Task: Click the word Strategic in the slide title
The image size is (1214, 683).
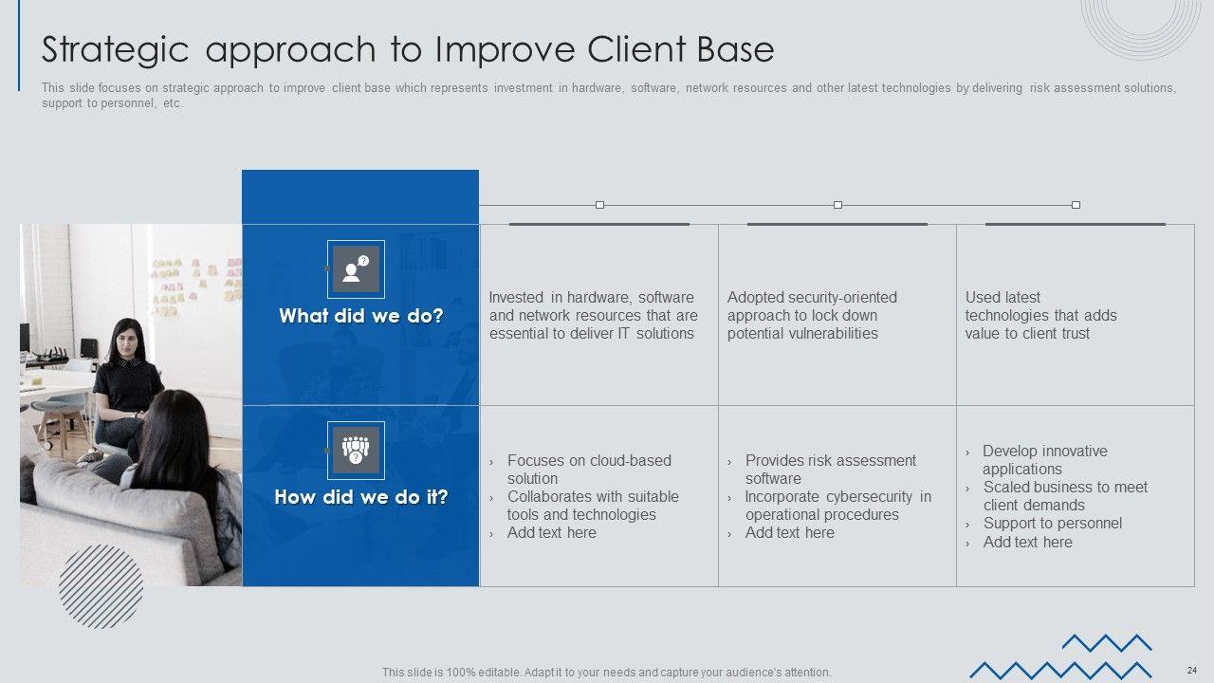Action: [115, 50]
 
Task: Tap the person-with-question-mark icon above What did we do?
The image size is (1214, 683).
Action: [356, 269]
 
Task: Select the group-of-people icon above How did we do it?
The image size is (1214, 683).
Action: [356, 451]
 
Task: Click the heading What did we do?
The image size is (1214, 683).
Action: [361, 316]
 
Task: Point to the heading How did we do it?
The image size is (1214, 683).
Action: [361, 496]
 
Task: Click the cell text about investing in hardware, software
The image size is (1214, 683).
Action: [594, 315]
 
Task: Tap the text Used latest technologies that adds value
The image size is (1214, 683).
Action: [1040, 315]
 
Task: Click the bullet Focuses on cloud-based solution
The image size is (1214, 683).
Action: [589, 470]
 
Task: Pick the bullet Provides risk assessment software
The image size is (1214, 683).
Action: [830, 470]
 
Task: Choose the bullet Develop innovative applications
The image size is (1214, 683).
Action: [1045, 460]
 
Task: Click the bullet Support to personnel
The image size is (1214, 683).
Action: [1053, 523]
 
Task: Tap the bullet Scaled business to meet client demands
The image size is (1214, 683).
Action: [1065, 496]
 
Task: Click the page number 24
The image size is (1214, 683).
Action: [1192, 670]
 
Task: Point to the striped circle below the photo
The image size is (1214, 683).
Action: [101, 586]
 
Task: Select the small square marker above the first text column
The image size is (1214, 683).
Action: [599, 205]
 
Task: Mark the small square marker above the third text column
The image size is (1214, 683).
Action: [1076, 205]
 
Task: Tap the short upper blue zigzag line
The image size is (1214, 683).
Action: [1107, 643]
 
